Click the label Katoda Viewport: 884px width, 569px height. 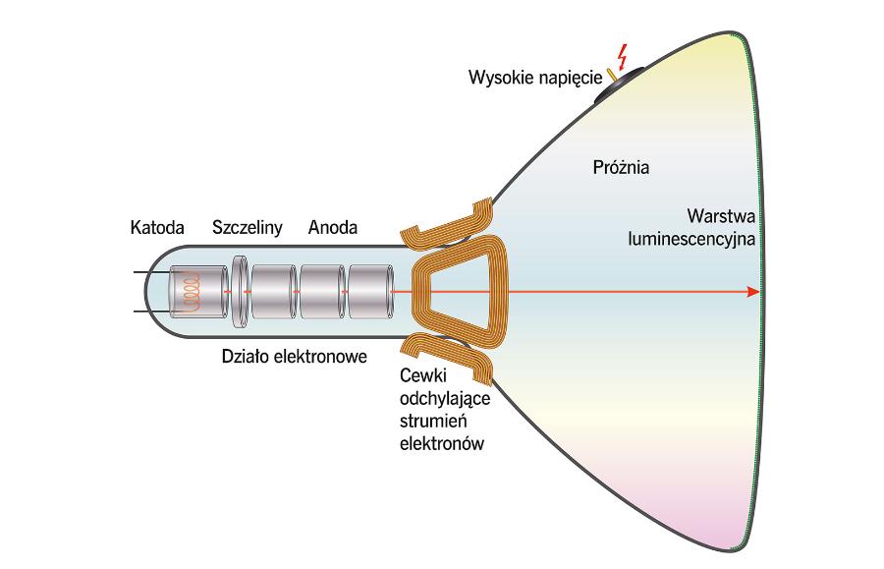(x=157, y=228)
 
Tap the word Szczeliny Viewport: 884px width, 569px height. (x=248, y=228)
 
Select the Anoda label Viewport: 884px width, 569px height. (x=333, y=228)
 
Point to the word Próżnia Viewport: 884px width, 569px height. (x=621, y=166)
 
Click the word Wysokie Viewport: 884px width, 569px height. (x=499, y=76)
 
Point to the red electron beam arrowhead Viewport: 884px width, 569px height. (x=752, y=292)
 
